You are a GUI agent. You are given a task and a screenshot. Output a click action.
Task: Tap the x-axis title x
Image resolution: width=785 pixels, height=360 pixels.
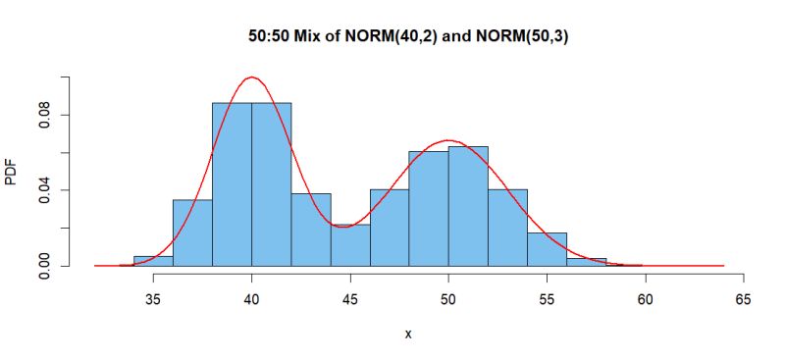click(x=408, y=334)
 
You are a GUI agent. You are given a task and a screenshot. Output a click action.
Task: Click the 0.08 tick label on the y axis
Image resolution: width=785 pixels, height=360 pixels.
click(x=43, y=114)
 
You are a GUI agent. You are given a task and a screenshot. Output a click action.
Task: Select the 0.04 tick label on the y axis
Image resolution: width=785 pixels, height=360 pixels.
click(x=43, y=189)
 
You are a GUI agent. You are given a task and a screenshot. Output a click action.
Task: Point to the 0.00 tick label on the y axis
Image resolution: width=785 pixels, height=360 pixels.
click(x=43, y=265)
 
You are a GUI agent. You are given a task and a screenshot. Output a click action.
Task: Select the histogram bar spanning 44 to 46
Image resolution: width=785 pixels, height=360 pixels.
click(x=350, y=245)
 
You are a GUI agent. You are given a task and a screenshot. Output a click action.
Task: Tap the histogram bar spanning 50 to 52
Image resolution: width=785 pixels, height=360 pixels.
click(x=468, y=206)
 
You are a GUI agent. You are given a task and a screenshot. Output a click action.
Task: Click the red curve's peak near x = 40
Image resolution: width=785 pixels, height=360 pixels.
click(x=252, y=77)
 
